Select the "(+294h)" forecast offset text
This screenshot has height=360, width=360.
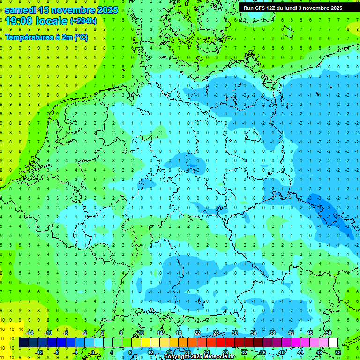(83, 21)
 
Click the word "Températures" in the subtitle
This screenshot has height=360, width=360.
(29, 37)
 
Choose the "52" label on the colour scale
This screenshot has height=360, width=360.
(337, 352)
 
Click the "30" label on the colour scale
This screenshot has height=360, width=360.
(235, 333)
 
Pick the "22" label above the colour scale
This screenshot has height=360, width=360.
(197, 333)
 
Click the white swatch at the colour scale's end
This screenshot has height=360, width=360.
(333, 343)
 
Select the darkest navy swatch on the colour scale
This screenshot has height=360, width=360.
(23, 343)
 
